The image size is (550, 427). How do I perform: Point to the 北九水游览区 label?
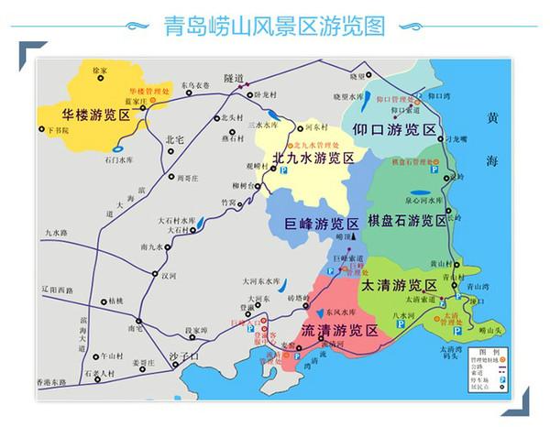(x=313, y=159)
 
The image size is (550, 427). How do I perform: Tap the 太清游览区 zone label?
(x=401, y=286)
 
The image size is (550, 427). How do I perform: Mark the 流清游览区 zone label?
(x=338, y=329)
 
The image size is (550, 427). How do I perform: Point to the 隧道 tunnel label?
(x=234, y=79)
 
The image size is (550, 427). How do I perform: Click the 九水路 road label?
(x=56, y=235)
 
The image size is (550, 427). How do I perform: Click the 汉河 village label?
(x=168, y=274)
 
